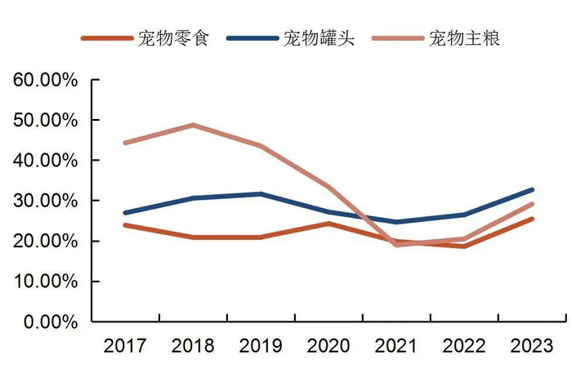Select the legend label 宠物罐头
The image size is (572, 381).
click(x=320, y=38)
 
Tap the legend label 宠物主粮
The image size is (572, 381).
click(x=464, y=38)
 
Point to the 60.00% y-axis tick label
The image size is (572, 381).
click(x=45, y=81)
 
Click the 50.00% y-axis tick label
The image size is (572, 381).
click(x=45, y=121)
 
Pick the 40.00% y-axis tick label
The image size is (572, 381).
click(x=45, y=161)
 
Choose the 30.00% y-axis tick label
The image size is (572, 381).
click(x=45, y=201)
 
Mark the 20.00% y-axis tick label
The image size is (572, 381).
click(x=45, y=241)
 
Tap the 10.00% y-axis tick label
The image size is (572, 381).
click(x=45, y=281)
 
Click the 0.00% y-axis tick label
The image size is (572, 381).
click(x=49, y=321)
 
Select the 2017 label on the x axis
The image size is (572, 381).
click(x=125, y=346)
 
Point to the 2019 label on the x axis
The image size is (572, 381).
click(x=260, y=346)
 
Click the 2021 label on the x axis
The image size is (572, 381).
click(x=395, y=346)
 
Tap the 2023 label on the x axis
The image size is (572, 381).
click(x=530, y=346)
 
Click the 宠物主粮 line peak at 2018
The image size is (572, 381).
click(x=193, y=125)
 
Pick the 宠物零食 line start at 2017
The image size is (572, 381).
click(x=125, y=225)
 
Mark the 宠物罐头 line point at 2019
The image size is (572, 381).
click(x=260, y=194)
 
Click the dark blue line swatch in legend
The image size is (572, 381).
click(x=252, y=38)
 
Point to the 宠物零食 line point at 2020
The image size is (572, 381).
click(x=328, y=224)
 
